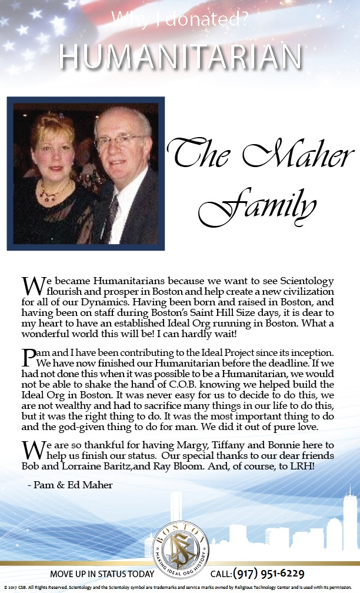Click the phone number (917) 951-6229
pyautogui.click(x=269, y=574)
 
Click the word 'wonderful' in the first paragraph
pyautogui.click(x=44, y=334)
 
